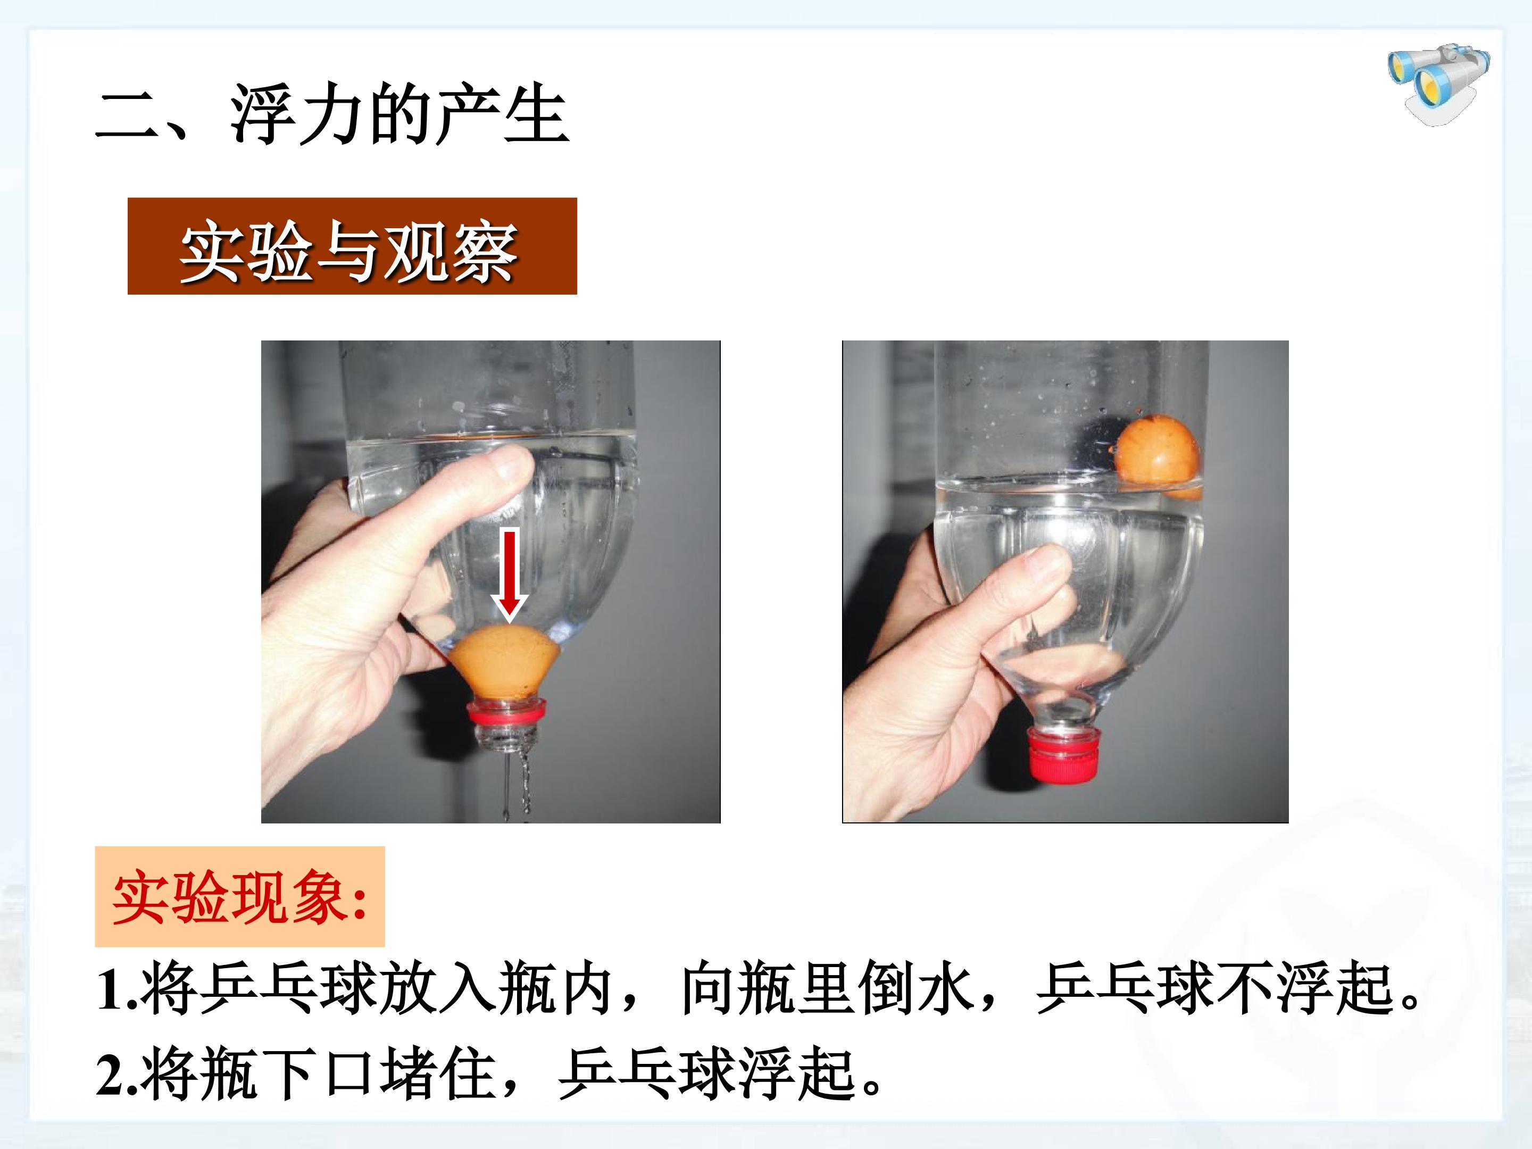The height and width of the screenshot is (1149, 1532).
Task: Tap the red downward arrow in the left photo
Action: (x=510, y=573)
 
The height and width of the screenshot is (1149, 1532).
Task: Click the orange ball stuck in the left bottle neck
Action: (x=504, y=663)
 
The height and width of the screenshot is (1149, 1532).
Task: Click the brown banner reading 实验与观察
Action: (x=352, y=246)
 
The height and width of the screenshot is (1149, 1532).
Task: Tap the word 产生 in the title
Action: (x=503, y=114)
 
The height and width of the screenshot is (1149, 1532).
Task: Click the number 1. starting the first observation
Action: (x=116, y=989)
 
